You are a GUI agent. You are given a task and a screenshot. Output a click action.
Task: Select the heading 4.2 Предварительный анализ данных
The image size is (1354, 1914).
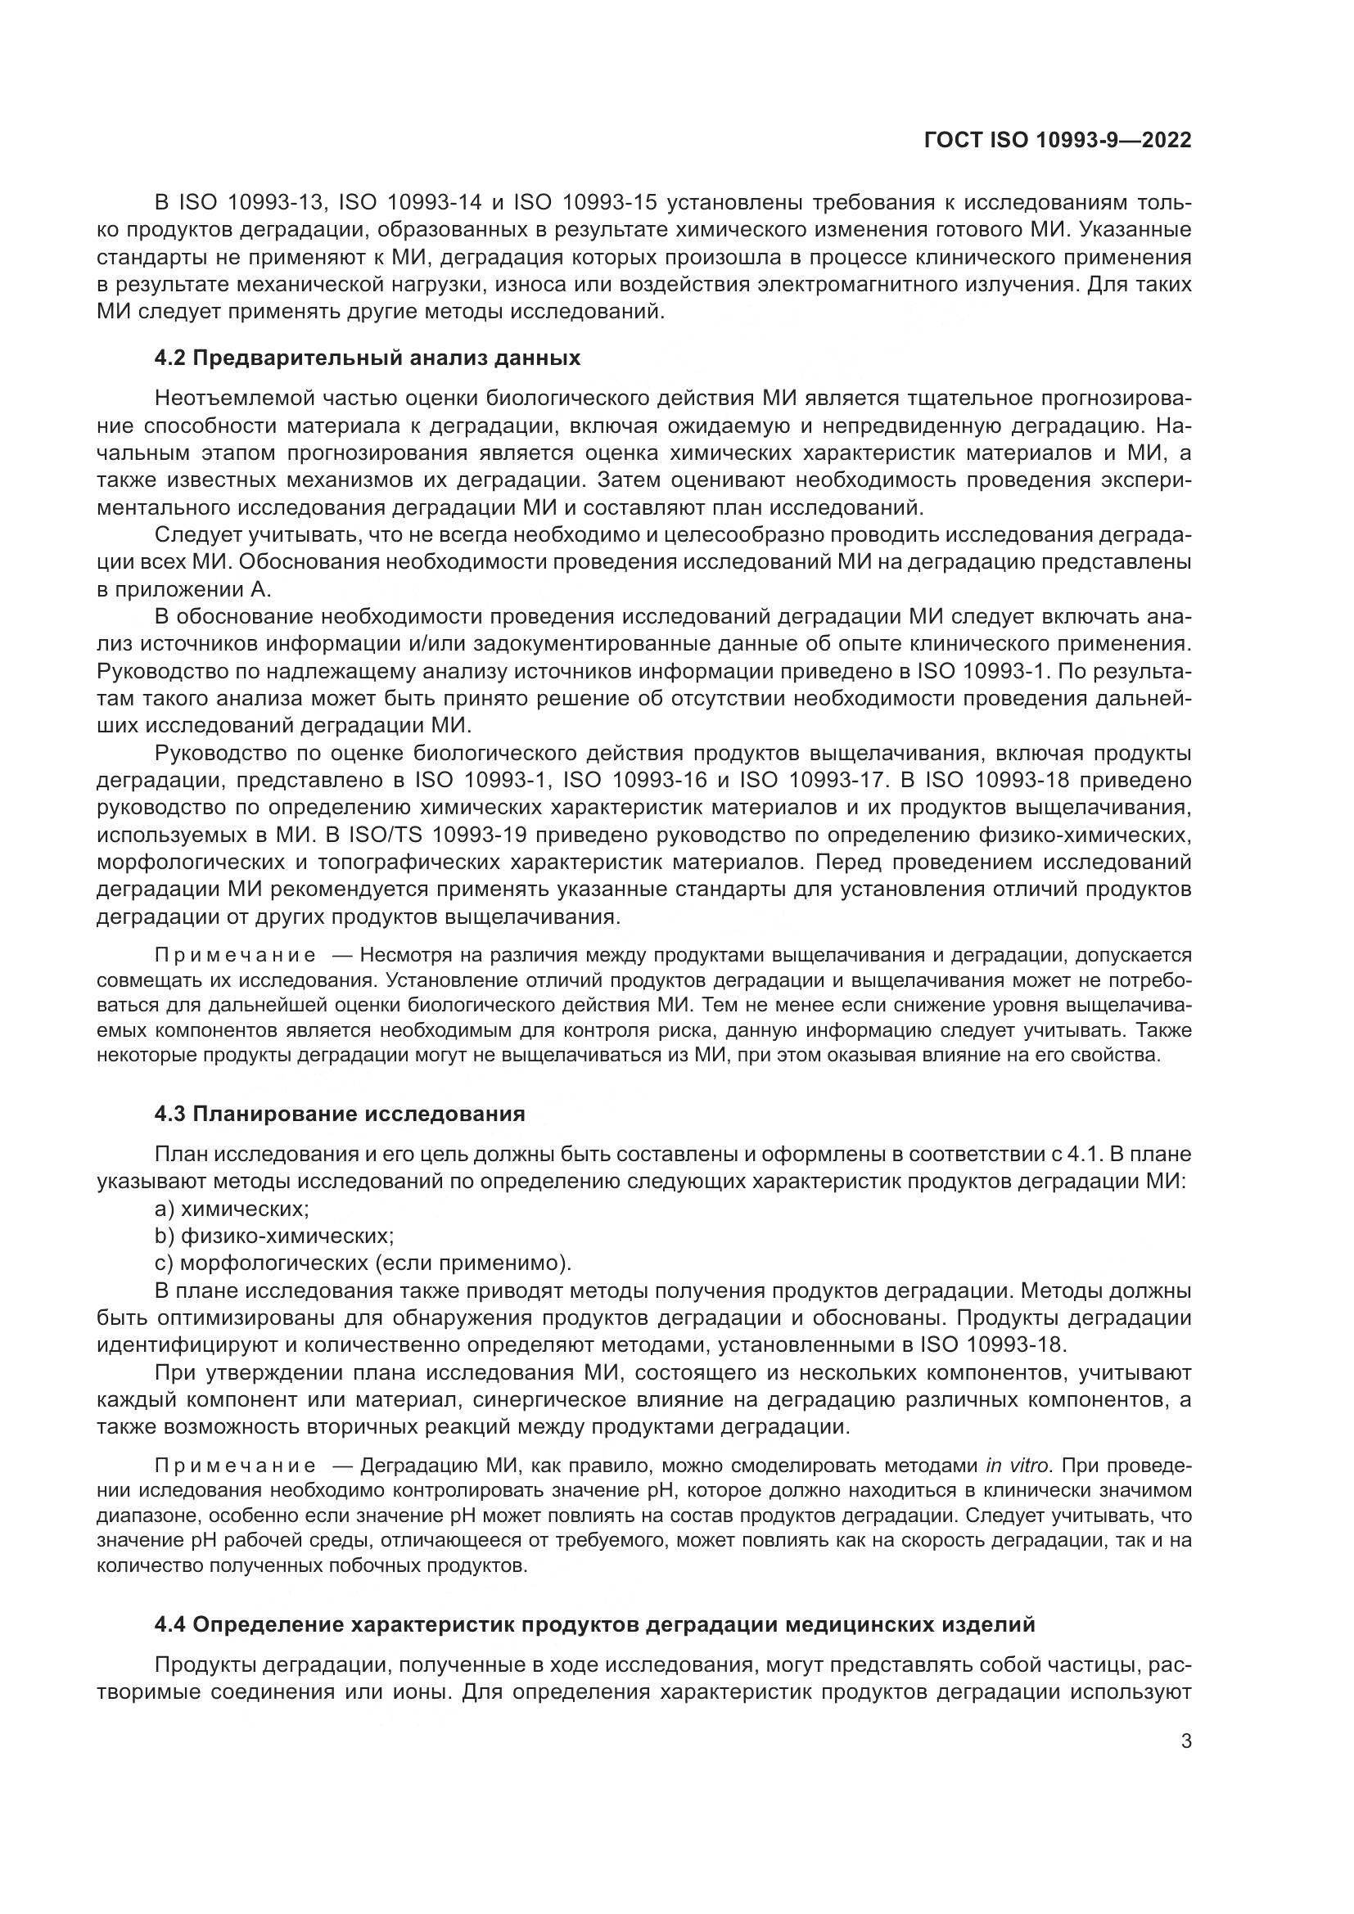click(367, 358)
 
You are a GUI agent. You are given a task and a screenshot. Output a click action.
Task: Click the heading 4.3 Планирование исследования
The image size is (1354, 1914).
click(340, 1114)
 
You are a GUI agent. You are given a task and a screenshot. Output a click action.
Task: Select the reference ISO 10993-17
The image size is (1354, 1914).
click(806, 781)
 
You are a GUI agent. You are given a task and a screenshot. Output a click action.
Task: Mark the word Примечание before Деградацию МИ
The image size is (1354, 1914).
click(235, 1466)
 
